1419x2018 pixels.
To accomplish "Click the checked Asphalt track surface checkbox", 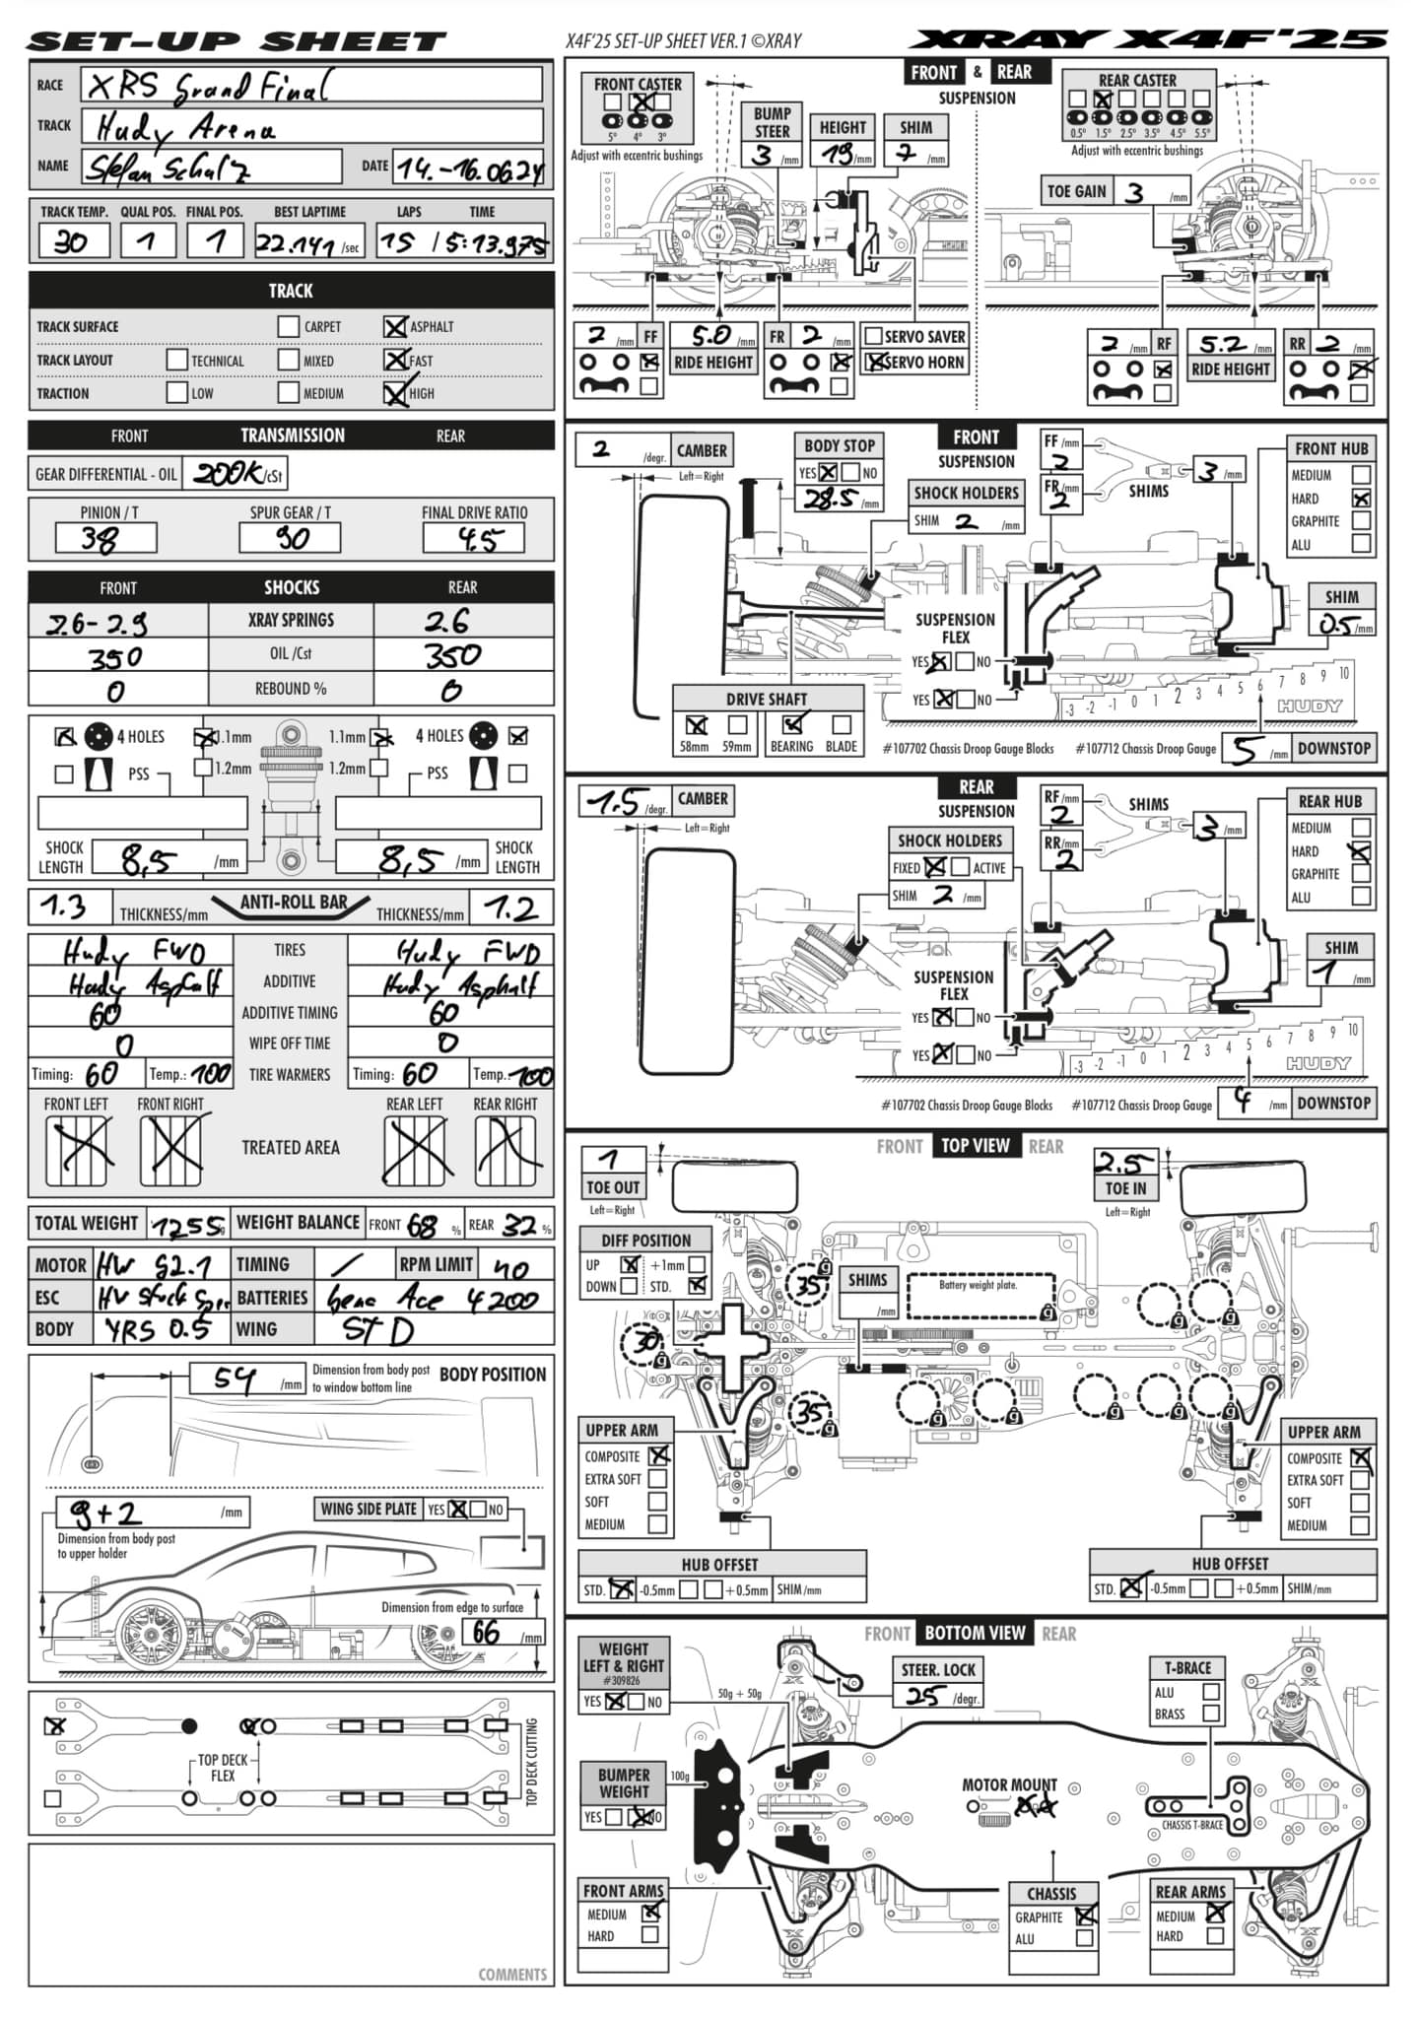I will (x=395, y=326).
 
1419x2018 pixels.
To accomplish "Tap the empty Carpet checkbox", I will (x=288, y=326).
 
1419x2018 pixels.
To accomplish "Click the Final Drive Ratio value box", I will (x=474, y=538).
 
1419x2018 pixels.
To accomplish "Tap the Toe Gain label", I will (x=1077, y=191).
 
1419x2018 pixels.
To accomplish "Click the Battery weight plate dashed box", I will (x=980, y=1296).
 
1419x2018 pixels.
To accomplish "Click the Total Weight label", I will (x=87, y=1223).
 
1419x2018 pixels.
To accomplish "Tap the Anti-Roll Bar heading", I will (x=294, y=902).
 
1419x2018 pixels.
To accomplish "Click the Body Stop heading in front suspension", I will (x=839, y=445).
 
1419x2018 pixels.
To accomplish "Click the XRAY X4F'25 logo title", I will (x=1147, y=39).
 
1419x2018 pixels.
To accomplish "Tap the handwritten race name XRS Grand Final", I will (x=207, y=87).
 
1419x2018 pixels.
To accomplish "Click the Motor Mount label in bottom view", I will (x=1009, y=1784).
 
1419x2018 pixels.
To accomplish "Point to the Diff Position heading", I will (x=645, y=1240).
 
